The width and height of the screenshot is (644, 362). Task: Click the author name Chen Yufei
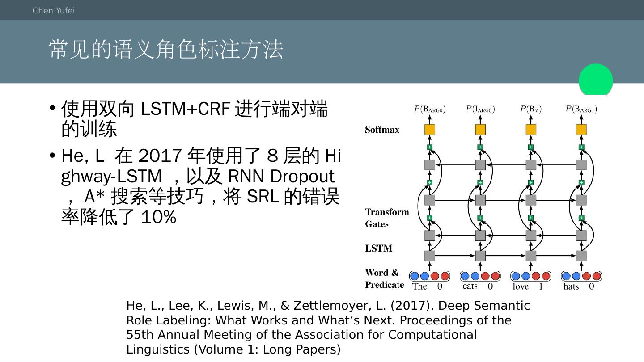[54, 11]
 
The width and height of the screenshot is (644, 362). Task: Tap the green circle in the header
[596, 80]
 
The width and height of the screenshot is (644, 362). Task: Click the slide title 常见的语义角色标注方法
[166, 49]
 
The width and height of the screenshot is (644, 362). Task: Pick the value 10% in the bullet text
[158, 217]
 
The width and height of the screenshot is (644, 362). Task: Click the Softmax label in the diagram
[382, 130]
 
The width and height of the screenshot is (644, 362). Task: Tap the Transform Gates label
[387, 218]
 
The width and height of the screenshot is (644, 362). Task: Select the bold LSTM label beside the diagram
[378, 248]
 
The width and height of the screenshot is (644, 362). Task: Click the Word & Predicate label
[384, 278]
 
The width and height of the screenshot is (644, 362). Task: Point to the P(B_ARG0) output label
[430, 109]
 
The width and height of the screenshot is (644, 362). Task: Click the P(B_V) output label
[531, 109]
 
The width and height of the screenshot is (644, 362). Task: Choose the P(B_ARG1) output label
[581, 109]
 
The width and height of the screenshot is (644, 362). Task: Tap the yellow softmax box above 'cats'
[480, 130]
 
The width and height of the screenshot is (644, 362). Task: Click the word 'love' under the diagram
[521, 286]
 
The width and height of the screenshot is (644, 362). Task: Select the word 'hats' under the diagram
[571, 286]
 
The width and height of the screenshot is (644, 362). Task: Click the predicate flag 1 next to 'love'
[541, 286]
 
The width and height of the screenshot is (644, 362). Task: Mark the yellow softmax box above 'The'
[430, 130]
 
